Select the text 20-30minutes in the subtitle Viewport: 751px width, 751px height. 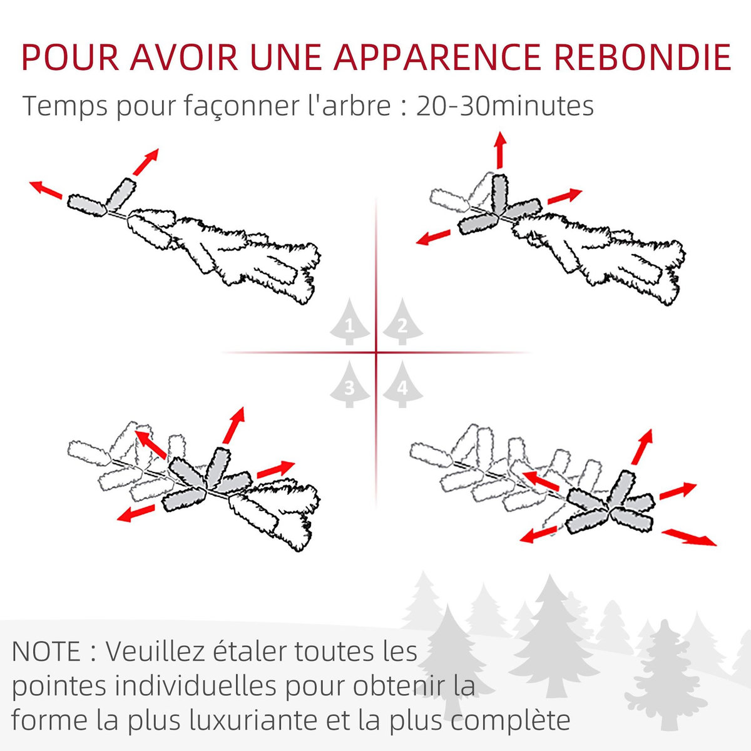pos(504,106)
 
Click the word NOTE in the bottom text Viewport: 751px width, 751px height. pos(46,651)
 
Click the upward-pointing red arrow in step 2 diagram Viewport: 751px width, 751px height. pos(499,150)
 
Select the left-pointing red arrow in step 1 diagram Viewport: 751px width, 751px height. pos(46,189)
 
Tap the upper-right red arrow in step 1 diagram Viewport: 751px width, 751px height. pos(145,162)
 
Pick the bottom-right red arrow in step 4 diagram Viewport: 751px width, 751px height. pos(689,537)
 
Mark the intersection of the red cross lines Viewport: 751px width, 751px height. pos(376,353)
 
